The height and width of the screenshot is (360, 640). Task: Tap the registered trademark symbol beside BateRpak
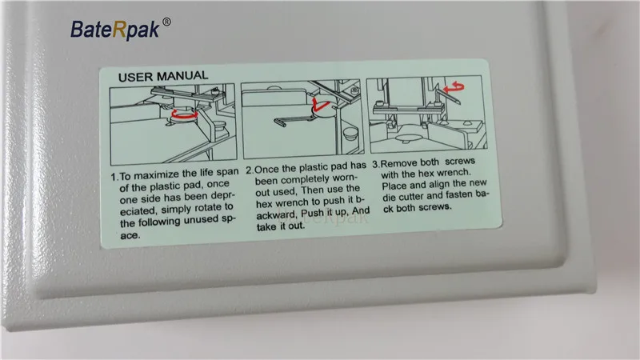pos(166,22)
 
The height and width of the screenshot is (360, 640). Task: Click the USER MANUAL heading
pos(163,76)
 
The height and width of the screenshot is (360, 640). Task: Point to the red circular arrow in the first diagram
pos(185,114)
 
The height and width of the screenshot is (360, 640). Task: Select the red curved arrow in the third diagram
pos(454,87)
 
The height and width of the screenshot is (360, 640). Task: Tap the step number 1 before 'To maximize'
pos(114,178)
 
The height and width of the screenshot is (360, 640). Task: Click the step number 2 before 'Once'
pos(250,170)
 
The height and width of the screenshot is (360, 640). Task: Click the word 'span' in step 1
pos(228,172)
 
